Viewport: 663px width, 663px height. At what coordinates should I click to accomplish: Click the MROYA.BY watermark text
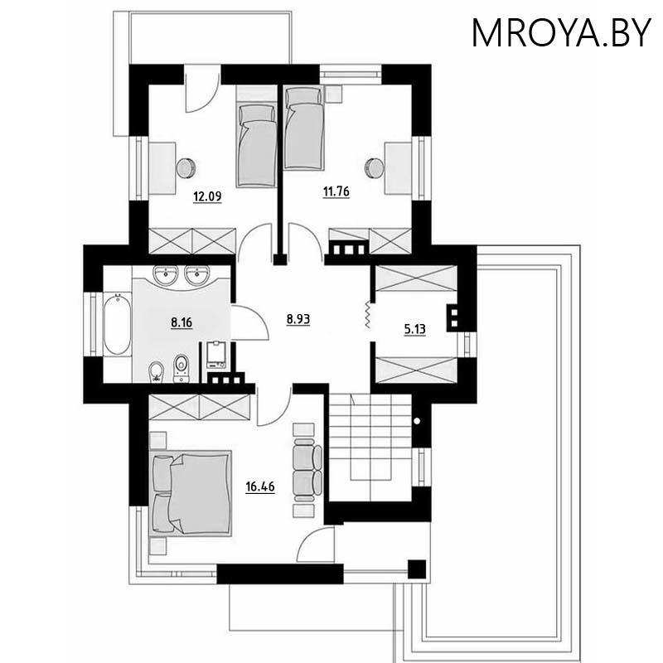[560, 32]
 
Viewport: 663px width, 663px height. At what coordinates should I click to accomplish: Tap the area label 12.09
[206, 196]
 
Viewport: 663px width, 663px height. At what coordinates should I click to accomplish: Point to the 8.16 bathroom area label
[181, 322]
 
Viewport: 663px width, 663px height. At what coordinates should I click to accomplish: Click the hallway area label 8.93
[298, 318]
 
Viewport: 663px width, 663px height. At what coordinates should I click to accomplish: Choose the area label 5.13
[414, 329]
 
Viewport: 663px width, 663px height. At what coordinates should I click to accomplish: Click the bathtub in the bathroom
[116, 324]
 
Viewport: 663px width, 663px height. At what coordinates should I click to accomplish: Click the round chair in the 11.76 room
[375, 167]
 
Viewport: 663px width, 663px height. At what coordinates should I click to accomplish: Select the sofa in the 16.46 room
[307, 468]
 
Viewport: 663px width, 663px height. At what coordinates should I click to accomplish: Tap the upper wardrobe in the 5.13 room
[415, 278]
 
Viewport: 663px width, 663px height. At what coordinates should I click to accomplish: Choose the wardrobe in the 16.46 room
[200, 407]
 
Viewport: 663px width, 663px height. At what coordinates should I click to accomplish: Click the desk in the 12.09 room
[162, 167]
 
